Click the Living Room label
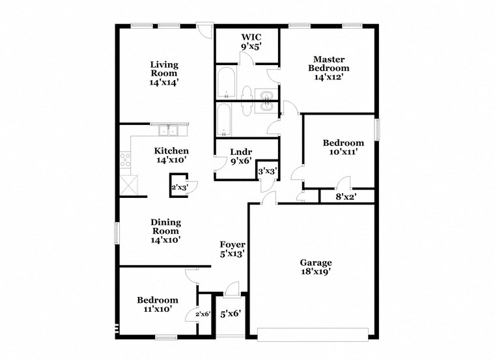pyautogui.click(x=164, y=73)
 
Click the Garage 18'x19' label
pyautogui.click(x=315, y=268)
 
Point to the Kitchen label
pyautogui.click(x=171, y=155)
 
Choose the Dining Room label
pyautogui.click(x=166, y=230)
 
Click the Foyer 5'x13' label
pyautogui.click(x=231, y=249)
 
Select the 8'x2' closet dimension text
pyautogui.click(x=346, y=196)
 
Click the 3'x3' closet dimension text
pyautogui.click(x=268, y=172)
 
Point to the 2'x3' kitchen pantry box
pyautogui.click(x=178, y=186)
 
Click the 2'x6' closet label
pyautogui.click(x=204, y=314)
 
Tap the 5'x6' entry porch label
pyautogui.click(x=231, y=313)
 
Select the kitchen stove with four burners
pyautogui.click(x=125, y=160)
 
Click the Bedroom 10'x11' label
pyautogui.click(x=343, y=147)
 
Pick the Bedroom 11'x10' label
pyautogui.click(x=154, y=305)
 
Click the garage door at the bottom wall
pyautogui.click(x=316, y=336)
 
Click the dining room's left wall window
pyautogui.click(x=117, y=232)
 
